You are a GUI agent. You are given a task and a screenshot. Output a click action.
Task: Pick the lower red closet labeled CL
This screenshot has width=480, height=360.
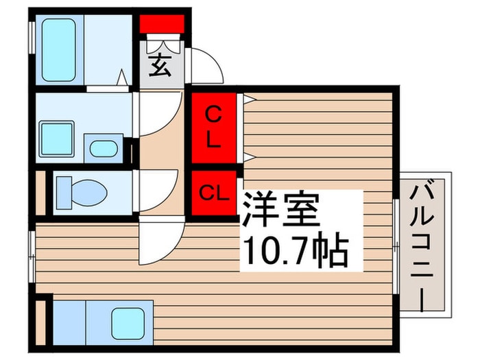213,193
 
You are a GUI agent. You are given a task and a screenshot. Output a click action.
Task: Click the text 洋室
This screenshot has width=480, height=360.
279,210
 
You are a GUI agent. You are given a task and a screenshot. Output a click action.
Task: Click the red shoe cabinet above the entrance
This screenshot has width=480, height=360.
162,25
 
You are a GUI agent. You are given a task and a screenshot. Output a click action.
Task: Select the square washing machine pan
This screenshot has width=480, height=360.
57,139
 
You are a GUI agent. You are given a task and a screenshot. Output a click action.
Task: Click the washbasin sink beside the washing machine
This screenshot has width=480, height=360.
103,148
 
